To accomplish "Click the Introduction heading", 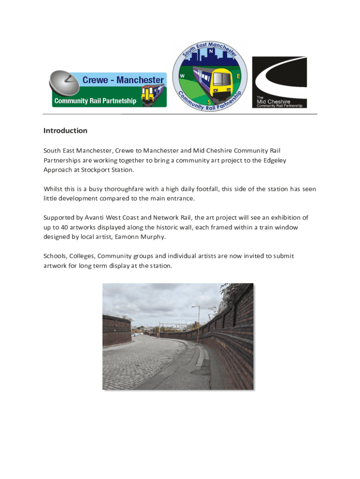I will point(65,131).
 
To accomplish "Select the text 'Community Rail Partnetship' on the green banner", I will point(95,101).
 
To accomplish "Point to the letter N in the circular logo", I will point(211,51).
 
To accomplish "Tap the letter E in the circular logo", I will point(238,76).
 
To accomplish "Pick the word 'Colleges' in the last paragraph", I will point(81,256).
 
